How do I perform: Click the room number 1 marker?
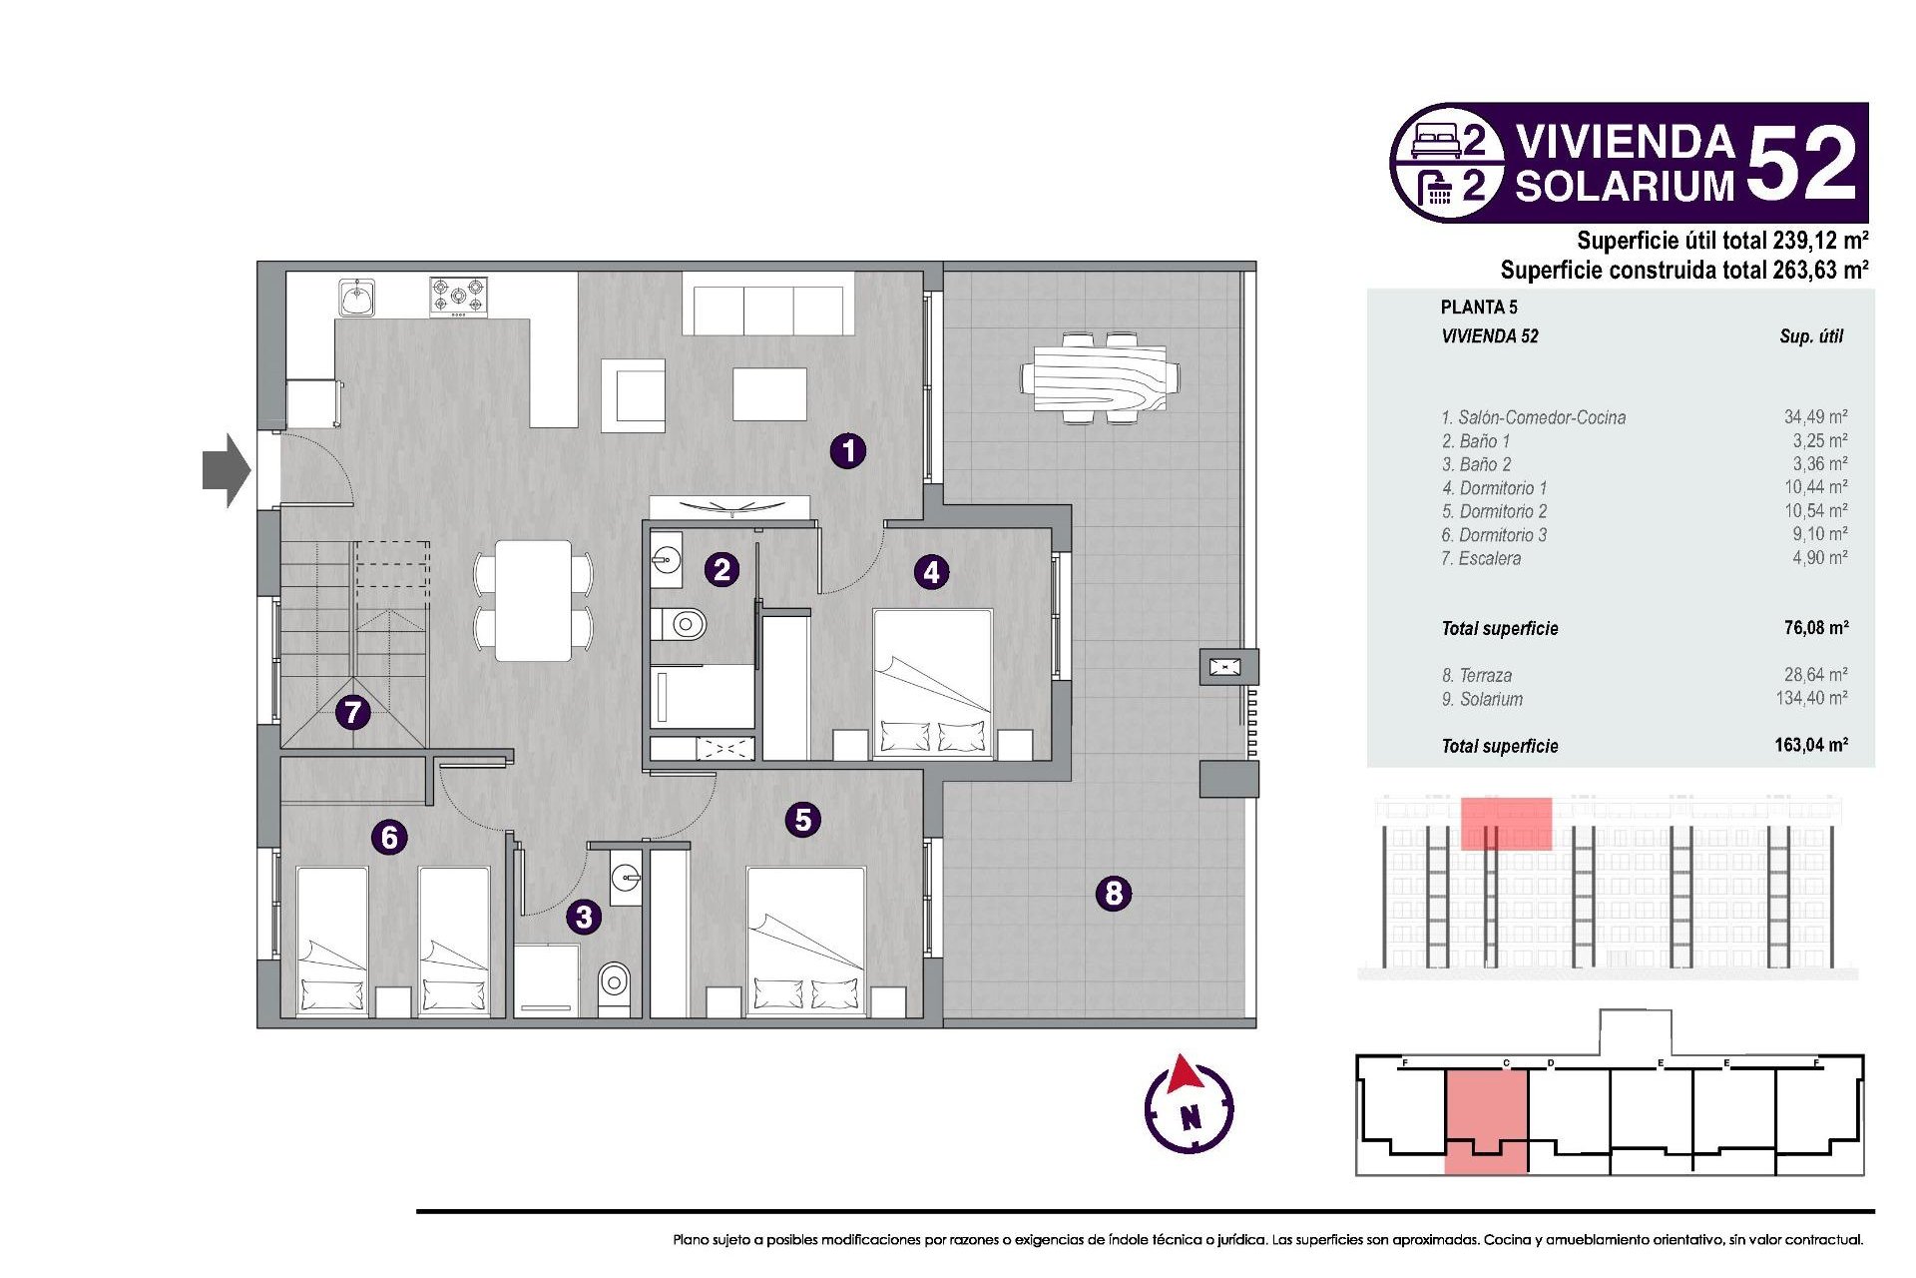pyautogui.click(x=848, y=451)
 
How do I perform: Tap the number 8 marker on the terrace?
pyautogui.click(x=1114, y=893)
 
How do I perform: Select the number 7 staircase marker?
pyautogui.click(x=352, y=713)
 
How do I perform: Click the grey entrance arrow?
pyautogui.click(x=227, y=470)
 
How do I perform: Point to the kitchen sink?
pyautogui.click(x=356, y=298)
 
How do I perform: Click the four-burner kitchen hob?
pyautogui.click(x=459, y=297)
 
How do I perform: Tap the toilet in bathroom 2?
pyautogui.click(x=684, y=625)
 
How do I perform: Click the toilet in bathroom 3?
pyautogui.click(x=615, y=983)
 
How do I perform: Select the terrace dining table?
pyautogui.click(x=1100, y=378)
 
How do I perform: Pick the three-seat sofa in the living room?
pyautogui.click(x=768, y=311)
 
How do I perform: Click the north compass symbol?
pyautogui.click(x=1189, y=1106)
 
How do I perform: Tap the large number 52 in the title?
pyautogui.click(x=1802, y=164)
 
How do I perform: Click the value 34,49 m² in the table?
pyautogui.click(x=1815, y=417)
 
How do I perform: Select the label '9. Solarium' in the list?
pyautogui.click(x=1482, y=700)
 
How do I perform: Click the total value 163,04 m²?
pyautogui.click(x=1811, y=745)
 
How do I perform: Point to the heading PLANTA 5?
pyautogui.click(x=1479, y=308)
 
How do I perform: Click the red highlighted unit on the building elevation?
pyautogui.click(x=1506, y=824)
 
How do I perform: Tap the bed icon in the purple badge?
pyautogui.click(x=1437, y=141)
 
